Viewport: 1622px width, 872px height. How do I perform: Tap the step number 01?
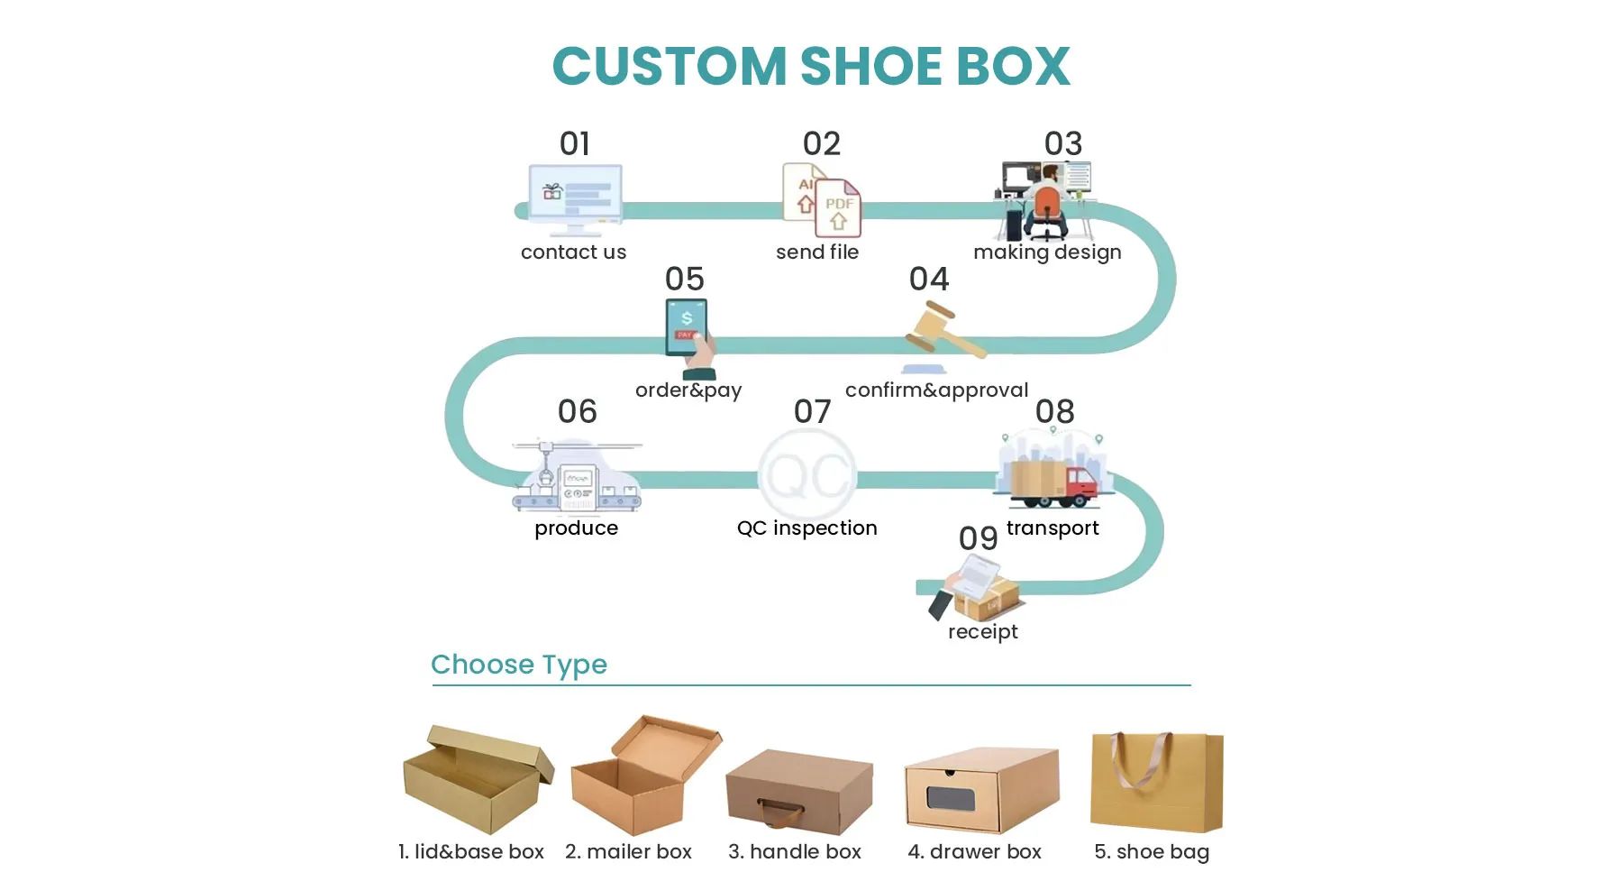click(575, 143)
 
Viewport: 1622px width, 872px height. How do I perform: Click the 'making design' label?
click(1047, 252)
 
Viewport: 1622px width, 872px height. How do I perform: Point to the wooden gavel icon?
click(942, 332)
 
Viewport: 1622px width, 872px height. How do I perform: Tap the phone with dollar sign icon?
click(687, 326)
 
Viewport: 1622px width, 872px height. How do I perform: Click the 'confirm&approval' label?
click(936, 390)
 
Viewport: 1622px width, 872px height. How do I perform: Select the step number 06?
click(577, 411)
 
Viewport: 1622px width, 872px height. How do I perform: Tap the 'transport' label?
click(1052, 528)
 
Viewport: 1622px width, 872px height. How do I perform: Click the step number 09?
click(978, 538)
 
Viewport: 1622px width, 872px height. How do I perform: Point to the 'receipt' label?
click(982, 631)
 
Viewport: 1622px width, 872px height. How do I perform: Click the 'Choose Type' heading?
click(519, 665)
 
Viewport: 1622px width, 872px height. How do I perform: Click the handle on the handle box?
click(780, 812)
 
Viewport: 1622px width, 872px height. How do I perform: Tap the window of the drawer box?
click(952, 799)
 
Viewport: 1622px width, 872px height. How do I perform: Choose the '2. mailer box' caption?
click(628, 851)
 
